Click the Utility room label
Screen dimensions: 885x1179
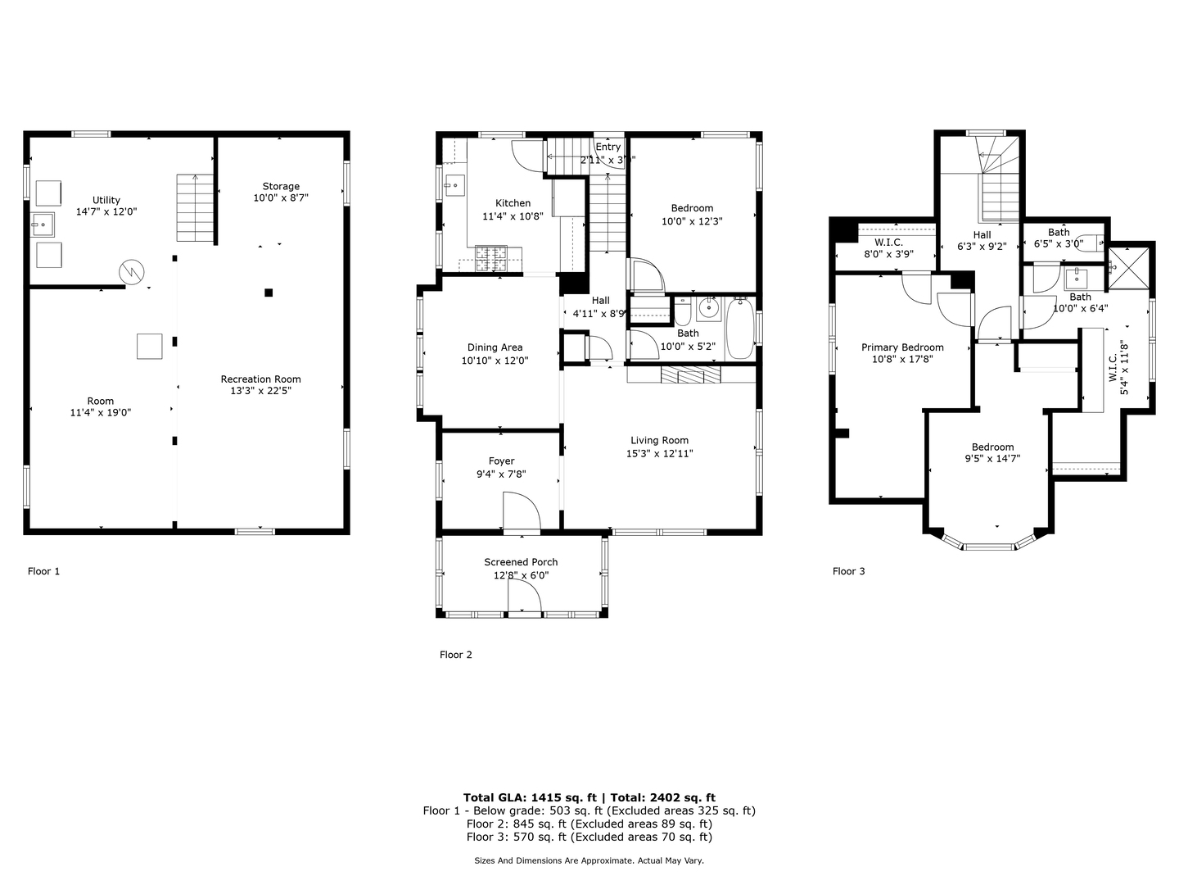[x=106, y=200]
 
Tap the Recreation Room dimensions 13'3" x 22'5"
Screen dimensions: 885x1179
[x=260, y=391]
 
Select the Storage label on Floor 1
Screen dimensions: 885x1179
[x=281, y=186]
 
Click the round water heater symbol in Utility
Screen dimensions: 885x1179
[x=131, y=271]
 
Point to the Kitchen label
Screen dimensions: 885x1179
[x=513, y=203]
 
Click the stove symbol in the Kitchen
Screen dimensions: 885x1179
[x=491, y=260]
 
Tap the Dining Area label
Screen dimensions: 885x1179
[x=495, y=347]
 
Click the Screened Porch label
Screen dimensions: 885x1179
[x=521, y=562]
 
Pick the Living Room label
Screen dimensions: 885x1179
[x=659, y=440]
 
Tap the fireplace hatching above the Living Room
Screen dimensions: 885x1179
[x=689, y=375]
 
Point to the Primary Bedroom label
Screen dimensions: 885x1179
[x=902, y=347]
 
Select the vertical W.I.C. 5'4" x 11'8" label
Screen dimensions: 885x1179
[x=1118, y=368]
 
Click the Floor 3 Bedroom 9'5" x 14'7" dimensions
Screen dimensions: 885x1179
[x=992, y=459]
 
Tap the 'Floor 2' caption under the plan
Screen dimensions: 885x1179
[x=456, y=655]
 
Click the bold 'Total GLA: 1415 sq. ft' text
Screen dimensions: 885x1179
[x=529, y=797]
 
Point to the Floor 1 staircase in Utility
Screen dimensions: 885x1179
[x=195, y=208]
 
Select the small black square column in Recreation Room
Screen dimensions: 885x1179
[x=269, y=293]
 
